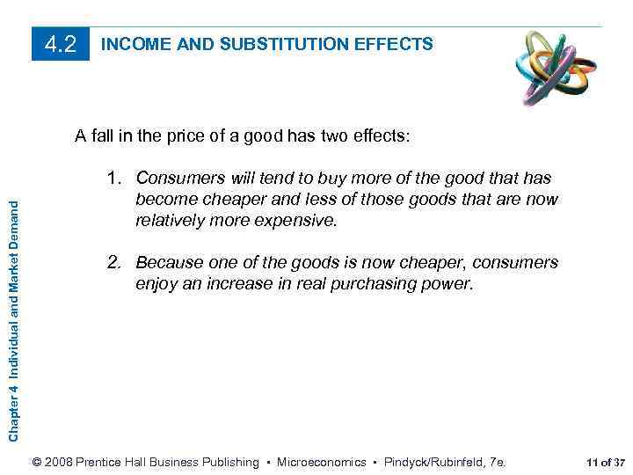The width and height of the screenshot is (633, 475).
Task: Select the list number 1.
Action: tap(116, 178)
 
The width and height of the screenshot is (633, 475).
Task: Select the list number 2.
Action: tap(116, 262)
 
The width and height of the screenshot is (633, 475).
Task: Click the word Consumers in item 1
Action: tap(178, 178)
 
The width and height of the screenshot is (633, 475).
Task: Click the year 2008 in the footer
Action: tap(58, 462)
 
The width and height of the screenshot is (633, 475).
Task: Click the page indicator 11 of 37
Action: tap(605, 462)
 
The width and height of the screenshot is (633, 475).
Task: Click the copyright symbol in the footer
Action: tap(36, 462)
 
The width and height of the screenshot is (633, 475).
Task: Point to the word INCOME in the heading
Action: tap(132, 43)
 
